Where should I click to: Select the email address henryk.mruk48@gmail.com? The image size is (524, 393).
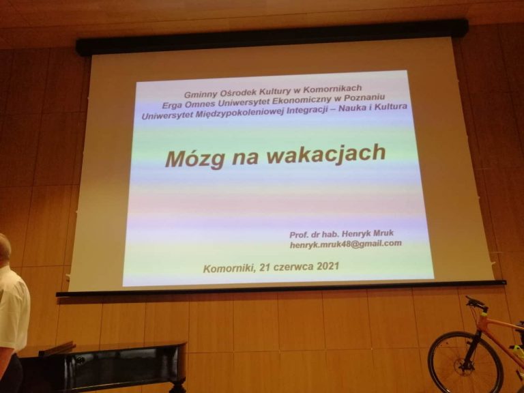click(345, 244)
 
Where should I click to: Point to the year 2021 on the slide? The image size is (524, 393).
click(327, 266)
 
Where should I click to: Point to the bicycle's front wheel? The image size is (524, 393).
click(465, 362)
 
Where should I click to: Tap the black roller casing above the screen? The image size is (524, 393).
click(272, 37)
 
